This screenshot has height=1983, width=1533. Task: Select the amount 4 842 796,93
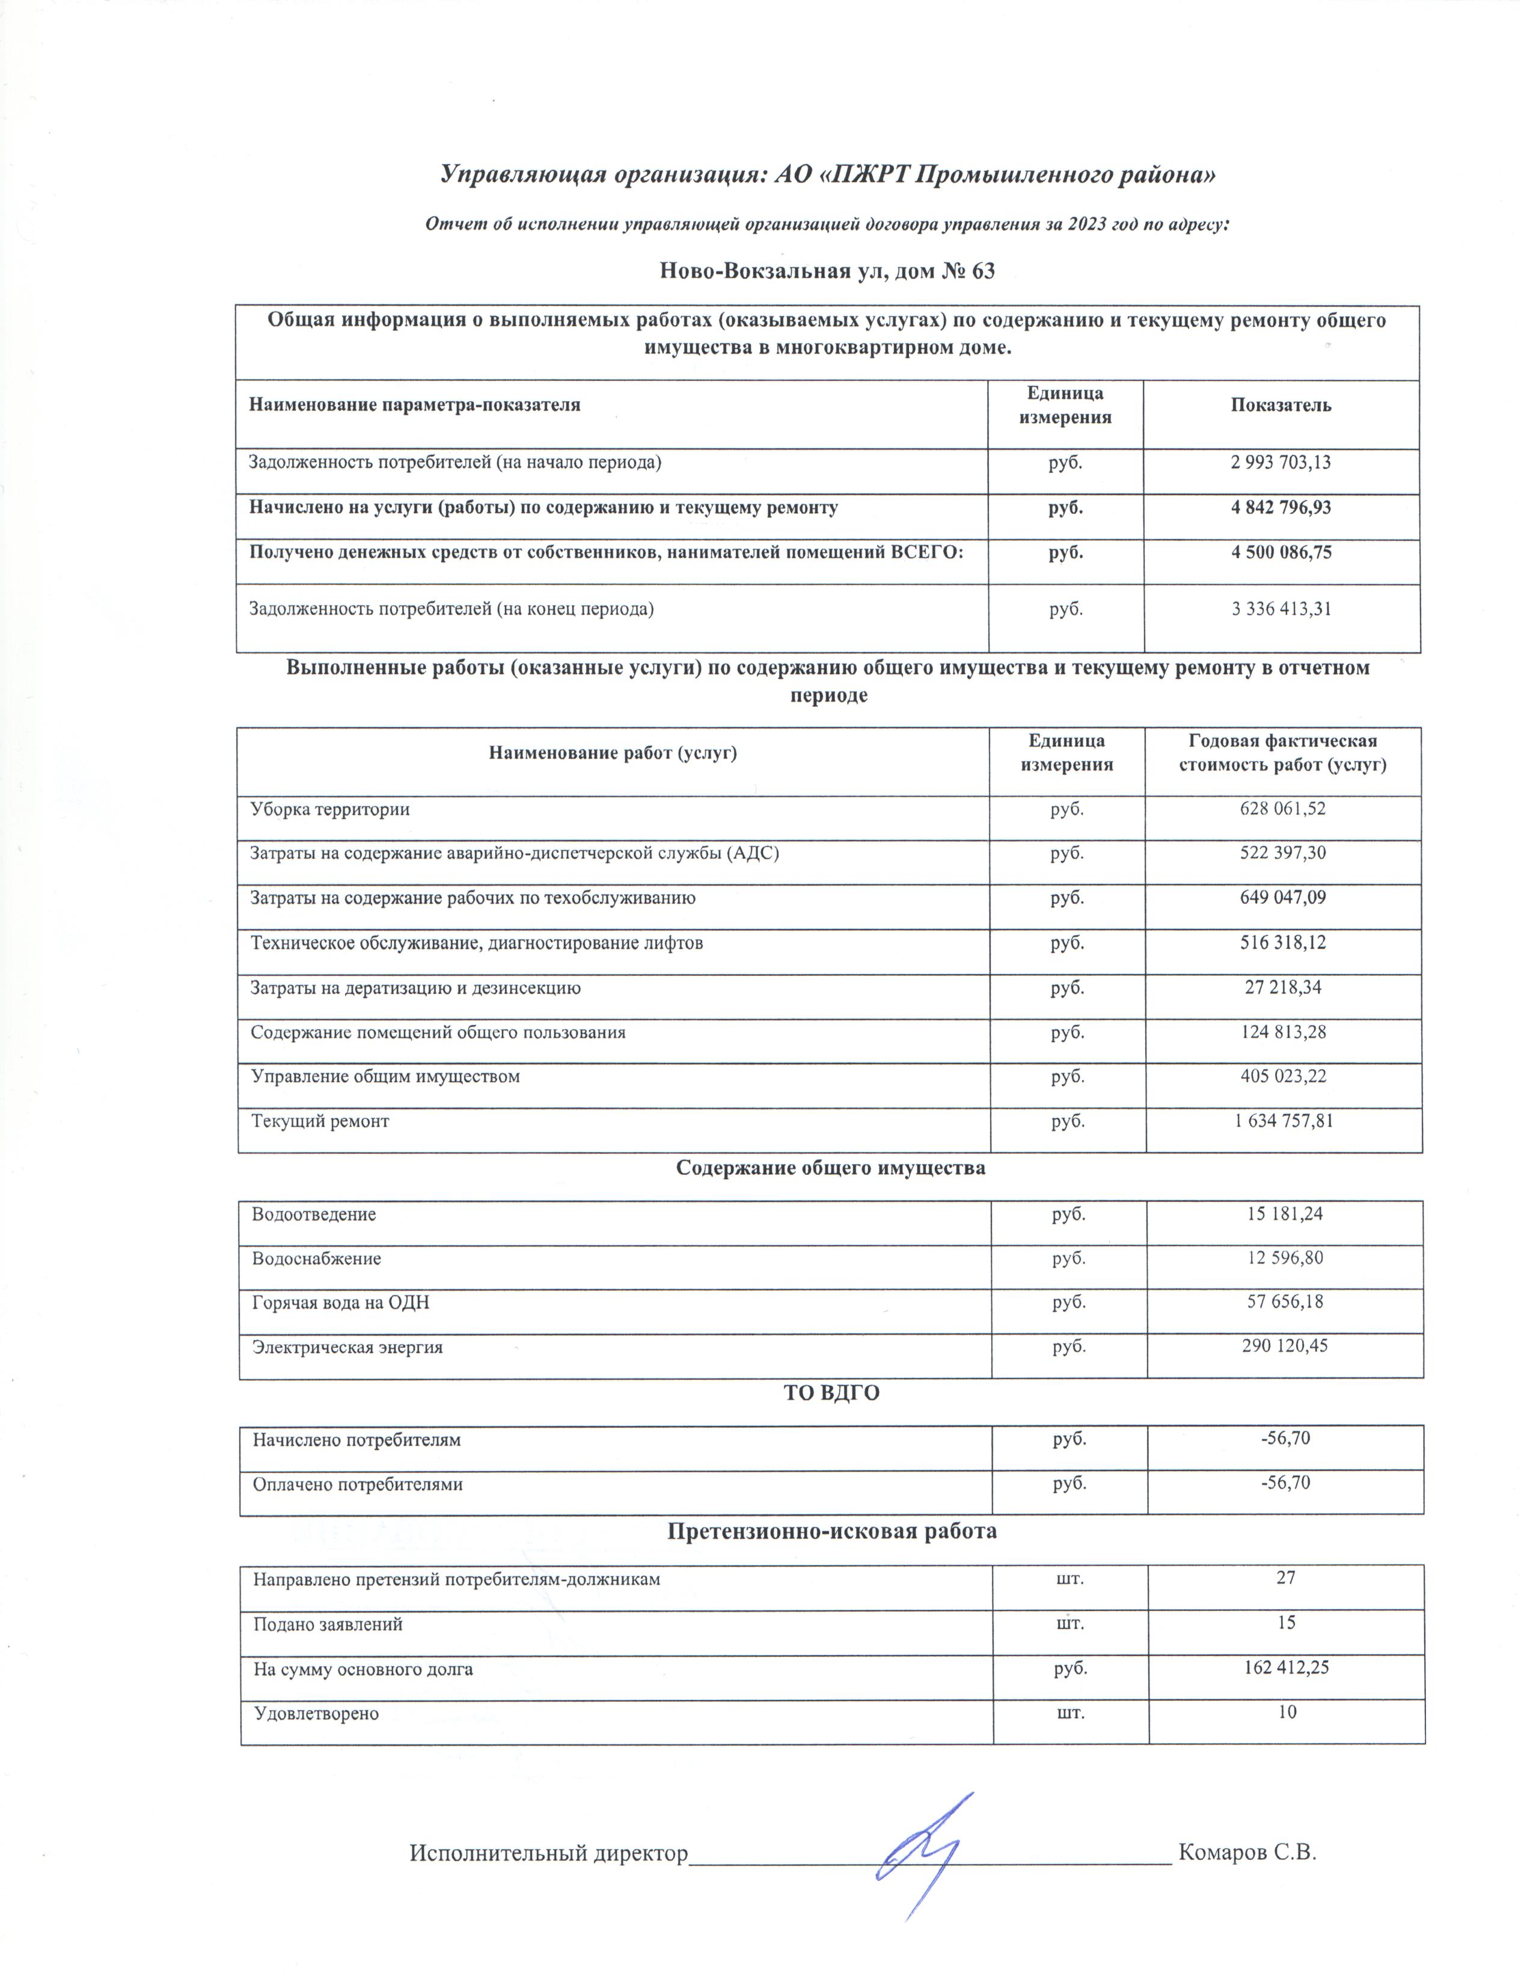(1281, 508)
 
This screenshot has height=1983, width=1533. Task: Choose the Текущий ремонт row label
(320, 1121)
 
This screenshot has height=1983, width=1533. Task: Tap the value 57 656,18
(1284, 1302)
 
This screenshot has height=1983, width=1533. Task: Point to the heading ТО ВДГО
(831, 1393)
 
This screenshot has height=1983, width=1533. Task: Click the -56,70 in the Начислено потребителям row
(1284, 1438)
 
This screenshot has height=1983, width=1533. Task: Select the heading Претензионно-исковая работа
(832, 1532)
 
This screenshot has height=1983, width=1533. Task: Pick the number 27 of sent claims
(1285, 1578)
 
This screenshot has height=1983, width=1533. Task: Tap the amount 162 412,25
(1285, 1668)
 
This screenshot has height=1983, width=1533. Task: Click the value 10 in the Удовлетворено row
(1286, 1713)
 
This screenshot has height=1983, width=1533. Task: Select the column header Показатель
(1281, 406)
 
